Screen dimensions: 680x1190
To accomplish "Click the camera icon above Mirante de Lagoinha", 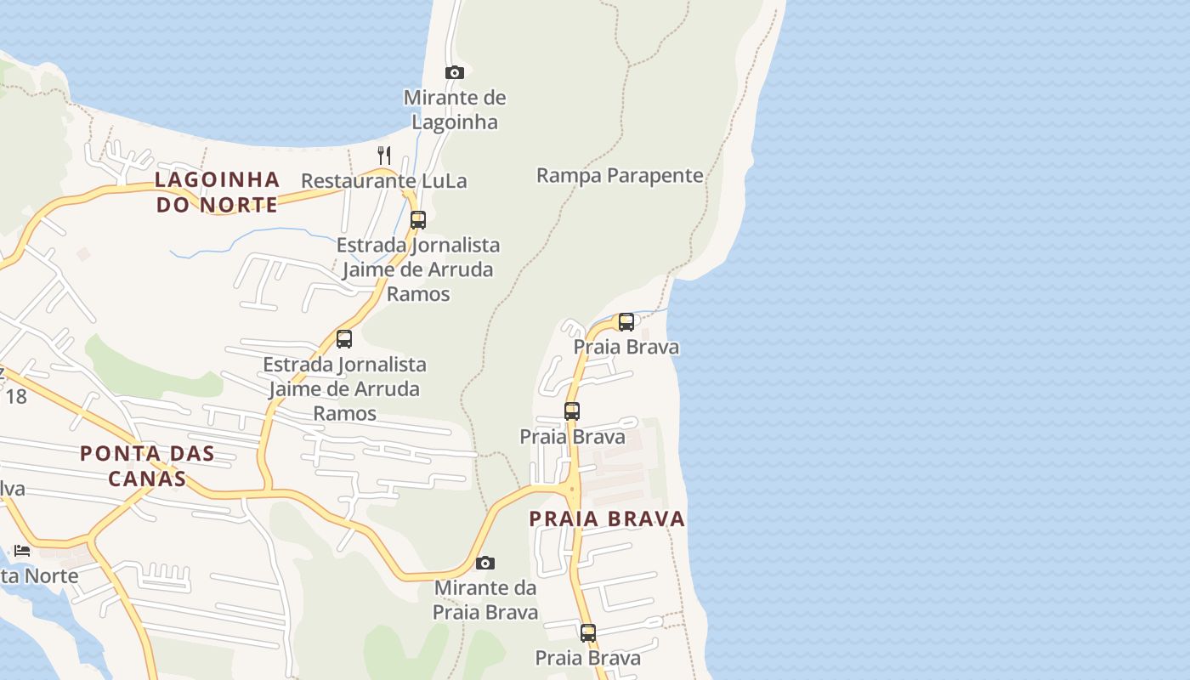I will tap(455, 73).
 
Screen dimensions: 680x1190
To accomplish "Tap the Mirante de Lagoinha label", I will tap(455, 110).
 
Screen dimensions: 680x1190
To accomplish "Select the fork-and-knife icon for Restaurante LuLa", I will tap(384, 155).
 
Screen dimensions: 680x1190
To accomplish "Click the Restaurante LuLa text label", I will tap(384, 181).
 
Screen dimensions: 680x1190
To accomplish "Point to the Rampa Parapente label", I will tap(620, 176).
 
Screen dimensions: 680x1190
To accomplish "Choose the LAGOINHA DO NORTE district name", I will tap(218, 192).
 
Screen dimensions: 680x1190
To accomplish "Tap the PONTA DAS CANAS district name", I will tap(147, 466).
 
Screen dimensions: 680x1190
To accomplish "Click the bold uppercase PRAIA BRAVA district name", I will tap(607, 519).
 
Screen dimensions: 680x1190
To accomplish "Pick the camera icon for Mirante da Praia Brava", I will tap(485, 563).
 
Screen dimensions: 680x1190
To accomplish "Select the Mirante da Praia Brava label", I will tap(485, 600).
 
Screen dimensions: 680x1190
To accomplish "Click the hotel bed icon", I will tap(22, 551).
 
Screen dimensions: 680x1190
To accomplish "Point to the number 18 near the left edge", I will tap(16, 396).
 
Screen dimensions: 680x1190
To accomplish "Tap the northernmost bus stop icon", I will tap(417, 220).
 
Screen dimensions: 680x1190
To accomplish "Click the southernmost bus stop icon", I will tap(587, 633).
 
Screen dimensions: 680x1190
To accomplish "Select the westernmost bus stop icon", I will tap(344, 339).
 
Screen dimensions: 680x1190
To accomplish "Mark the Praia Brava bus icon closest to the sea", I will tap(626, 322).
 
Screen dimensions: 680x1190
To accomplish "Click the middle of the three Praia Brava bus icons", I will tap(572, 411).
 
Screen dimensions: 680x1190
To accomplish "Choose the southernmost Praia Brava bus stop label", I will tap(587, 658).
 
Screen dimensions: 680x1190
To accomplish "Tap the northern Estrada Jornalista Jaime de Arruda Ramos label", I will tap(418, 269).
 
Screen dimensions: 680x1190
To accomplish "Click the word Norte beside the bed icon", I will tap(51, 576).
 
